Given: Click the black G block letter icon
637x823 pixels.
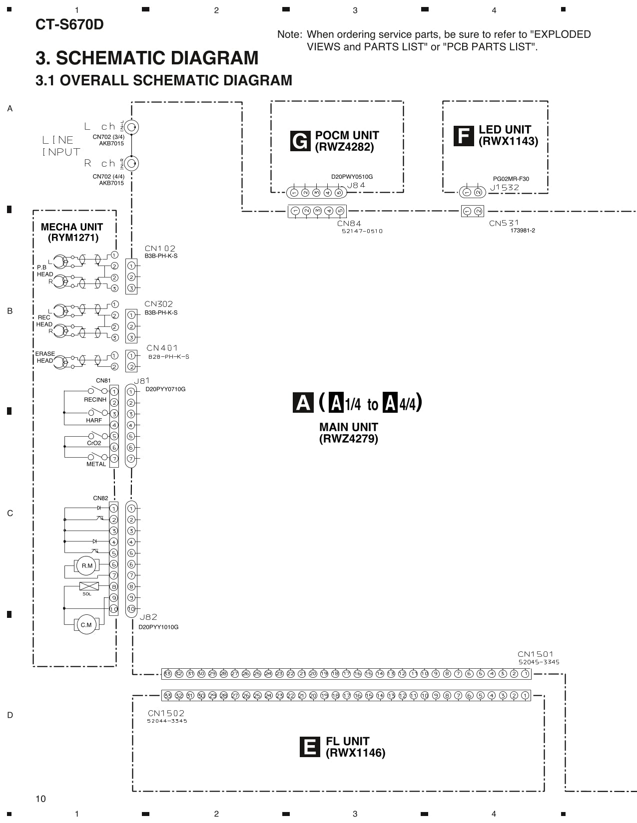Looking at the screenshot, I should click(x=300, y=141).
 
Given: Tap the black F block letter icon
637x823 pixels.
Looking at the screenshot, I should click(x=463, y=136).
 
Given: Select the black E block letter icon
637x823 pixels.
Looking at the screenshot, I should click(x=309, y=747).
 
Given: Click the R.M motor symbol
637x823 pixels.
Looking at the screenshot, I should click(x=87, y=565).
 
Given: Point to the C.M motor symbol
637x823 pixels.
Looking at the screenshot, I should click(x=86, y=624).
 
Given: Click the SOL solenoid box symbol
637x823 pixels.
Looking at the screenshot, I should click(x=89, y=586).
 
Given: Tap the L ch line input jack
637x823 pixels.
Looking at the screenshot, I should click(x=131, y=127).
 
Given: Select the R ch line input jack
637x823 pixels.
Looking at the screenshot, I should click(x=131, y=163).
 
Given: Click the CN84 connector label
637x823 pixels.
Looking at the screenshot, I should click(x=349, y=224).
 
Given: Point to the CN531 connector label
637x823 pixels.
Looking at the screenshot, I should click(x=504, y=223).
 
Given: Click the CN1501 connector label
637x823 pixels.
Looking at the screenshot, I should click(x=536, y=654).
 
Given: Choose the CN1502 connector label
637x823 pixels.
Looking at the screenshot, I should click(x=166, y=713).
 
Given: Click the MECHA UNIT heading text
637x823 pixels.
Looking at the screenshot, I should click(x=72, y=227).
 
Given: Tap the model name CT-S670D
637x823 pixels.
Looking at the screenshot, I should click(x=69, y=24).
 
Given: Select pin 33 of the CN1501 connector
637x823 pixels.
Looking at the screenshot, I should click(x=167, y=674).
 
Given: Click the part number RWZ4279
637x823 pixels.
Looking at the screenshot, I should click(x=349, y=439).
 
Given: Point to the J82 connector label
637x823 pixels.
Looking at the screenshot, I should click(x=148, y=617).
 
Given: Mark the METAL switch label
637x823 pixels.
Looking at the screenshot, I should click(x=96, y=464).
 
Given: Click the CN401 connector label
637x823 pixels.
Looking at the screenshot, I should click(x=162, y=348).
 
